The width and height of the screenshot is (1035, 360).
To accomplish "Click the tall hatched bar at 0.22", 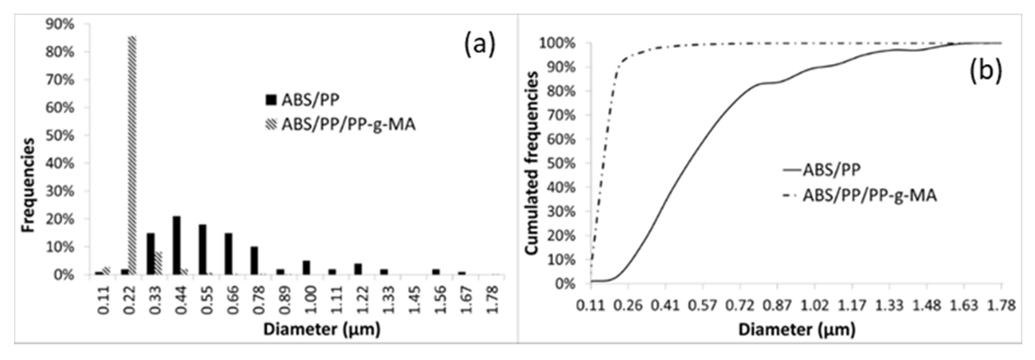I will click(132, 155).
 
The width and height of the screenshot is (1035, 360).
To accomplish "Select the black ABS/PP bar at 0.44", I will click(176, 245).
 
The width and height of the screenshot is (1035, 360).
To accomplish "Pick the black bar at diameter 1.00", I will click(306, 268).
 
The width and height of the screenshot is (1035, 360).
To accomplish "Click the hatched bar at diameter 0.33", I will click(158, 263).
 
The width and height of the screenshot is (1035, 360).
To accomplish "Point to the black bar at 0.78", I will click(254, 260).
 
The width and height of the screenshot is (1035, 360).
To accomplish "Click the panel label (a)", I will click(480, 45).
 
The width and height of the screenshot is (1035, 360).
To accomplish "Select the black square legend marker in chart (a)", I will click(271, 100).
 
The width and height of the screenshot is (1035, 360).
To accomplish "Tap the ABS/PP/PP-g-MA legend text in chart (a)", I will click(348, 125).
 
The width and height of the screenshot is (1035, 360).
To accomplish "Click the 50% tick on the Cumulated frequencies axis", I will click(562, 164).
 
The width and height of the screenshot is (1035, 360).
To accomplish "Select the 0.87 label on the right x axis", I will click(777, 305).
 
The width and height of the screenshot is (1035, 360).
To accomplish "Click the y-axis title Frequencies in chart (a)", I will click(28, 185).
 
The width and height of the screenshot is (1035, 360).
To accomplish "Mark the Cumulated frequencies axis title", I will click(532, 164).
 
